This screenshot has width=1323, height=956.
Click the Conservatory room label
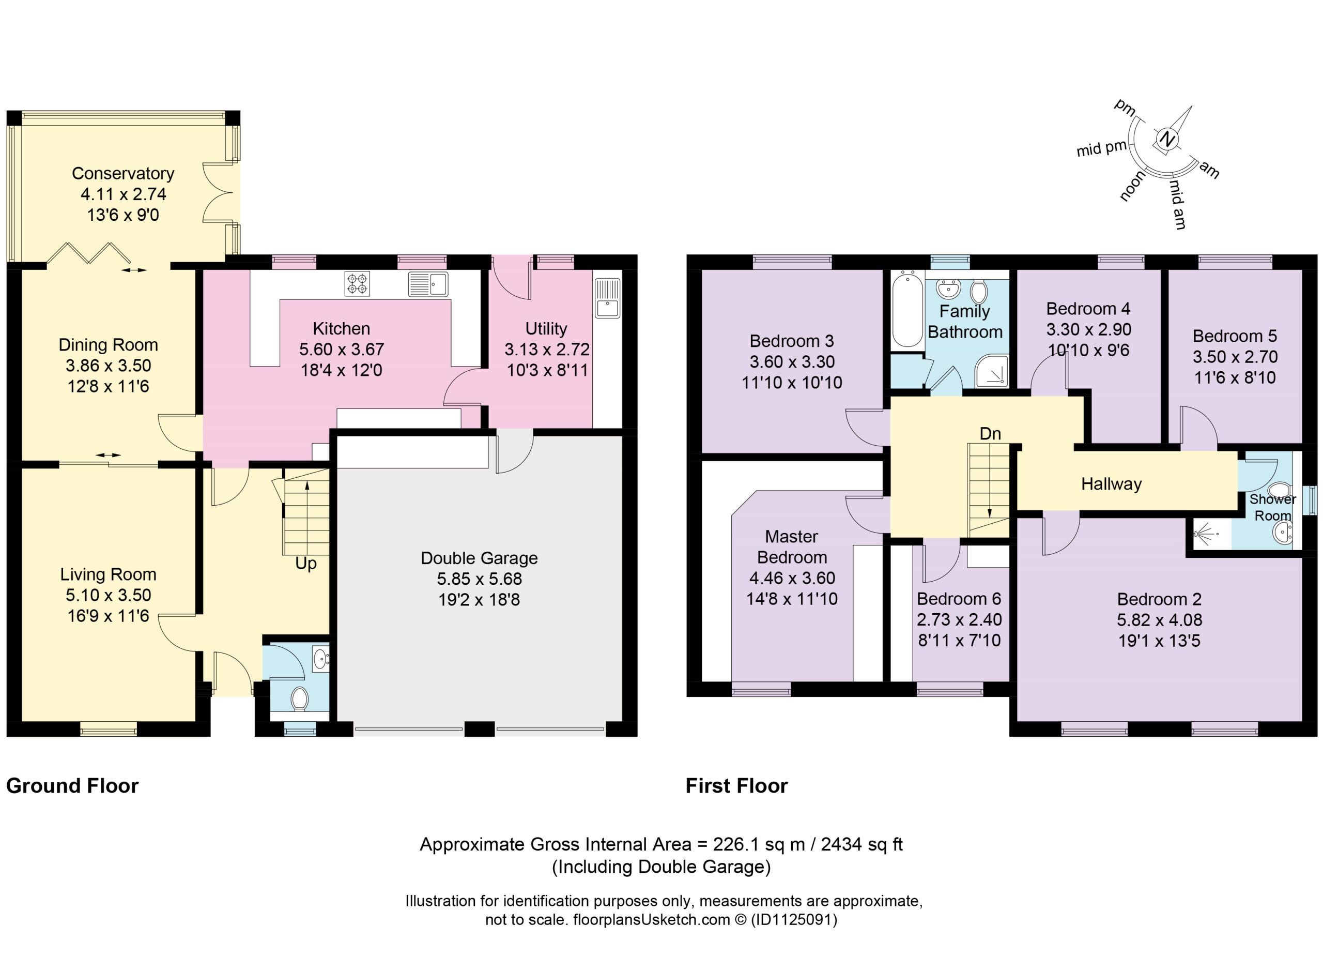(x=123, y=173)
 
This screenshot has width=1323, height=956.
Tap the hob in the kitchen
(x=357, y=284)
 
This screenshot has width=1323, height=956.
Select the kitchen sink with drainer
(x=428, y=284)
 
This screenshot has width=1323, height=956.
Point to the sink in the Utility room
(x=607, y=298)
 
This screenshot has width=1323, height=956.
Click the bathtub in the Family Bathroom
(x=907, y=308)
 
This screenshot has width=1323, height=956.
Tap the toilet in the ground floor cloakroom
(x=299, y=698)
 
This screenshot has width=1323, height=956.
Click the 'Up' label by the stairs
(x=305, y=563)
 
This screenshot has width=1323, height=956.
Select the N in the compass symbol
(x=1166, y=140)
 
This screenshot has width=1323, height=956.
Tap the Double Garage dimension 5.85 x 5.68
(x=480, y=579)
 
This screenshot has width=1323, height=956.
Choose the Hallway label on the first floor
(x=1111, y=484)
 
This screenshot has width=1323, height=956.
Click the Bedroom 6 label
(x=959, y=599)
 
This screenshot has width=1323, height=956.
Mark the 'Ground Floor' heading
(x=72, y=786)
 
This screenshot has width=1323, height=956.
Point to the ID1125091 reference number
(x=793, y=920)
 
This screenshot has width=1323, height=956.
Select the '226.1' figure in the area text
(x=733, y=844)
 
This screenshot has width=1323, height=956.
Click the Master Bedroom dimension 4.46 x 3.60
(x=792, y=578)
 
